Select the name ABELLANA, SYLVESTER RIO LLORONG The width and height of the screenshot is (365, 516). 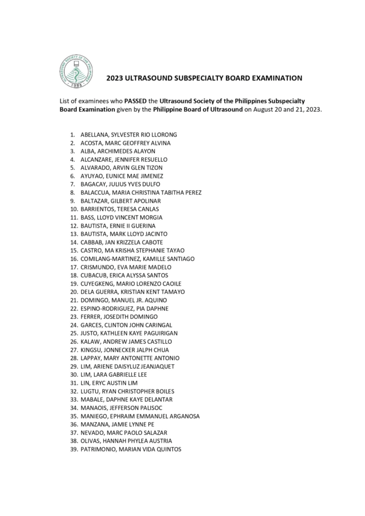click(129, 135)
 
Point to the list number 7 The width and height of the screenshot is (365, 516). click(73, 184)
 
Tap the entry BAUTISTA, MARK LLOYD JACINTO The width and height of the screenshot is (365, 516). click(124, 234)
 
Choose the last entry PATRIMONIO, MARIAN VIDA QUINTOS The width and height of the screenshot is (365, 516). click(131, 449)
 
